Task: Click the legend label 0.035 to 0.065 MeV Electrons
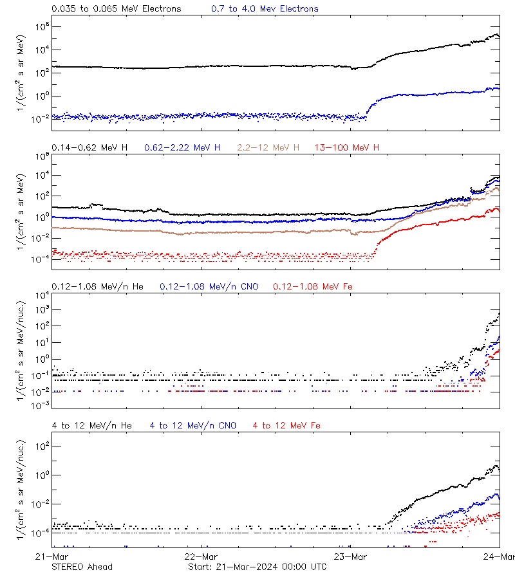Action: click(x=116, y=8)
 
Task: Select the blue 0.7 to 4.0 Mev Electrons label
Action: click(x=265, y=8)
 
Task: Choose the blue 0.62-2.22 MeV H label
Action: click(x=182, y=147)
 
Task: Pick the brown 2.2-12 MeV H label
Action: click(x=268, y=147)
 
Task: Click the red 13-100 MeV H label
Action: click(x=347, y=147)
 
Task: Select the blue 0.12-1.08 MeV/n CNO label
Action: click(x=209, y=286)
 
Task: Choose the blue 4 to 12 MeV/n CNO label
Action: click(x=192, y=425)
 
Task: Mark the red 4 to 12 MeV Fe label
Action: click(x=286, y=425)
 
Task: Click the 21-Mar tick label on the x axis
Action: click(x=51, y=556)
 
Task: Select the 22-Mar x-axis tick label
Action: click(x=201, y=556)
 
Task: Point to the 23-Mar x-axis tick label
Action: click(x=350, y=556)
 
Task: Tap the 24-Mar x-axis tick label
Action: click(x=500, y=556)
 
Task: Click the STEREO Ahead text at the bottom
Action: click(x=82, y=567)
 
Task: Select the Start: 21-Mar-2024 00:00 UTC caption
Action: click(x=257, y=567)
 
